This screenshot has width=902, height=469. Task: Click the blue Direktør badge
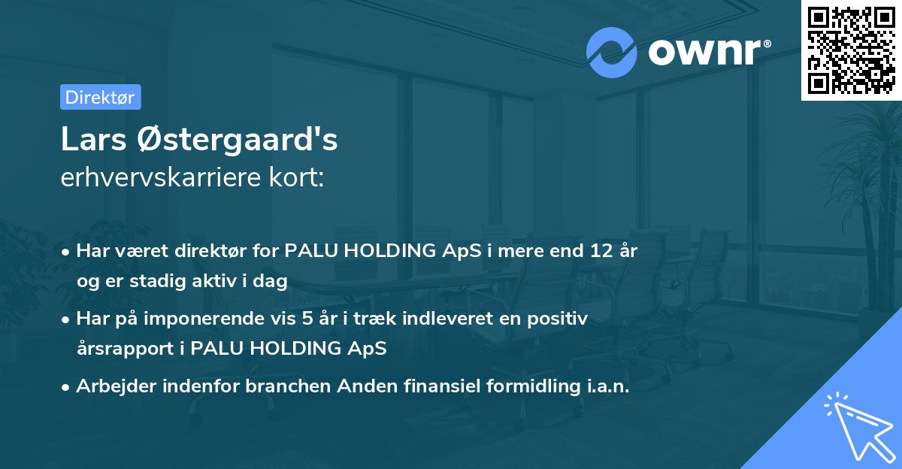point(100,97)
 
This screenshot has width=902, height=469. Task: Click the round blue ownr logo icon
point(612,51)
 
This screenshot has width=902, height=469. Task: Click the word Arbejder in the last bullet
point(110,386)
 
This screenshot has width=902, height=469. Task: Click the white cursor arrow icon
point(856,425)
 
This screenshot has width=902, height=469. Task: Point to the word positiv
point(559,319)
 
